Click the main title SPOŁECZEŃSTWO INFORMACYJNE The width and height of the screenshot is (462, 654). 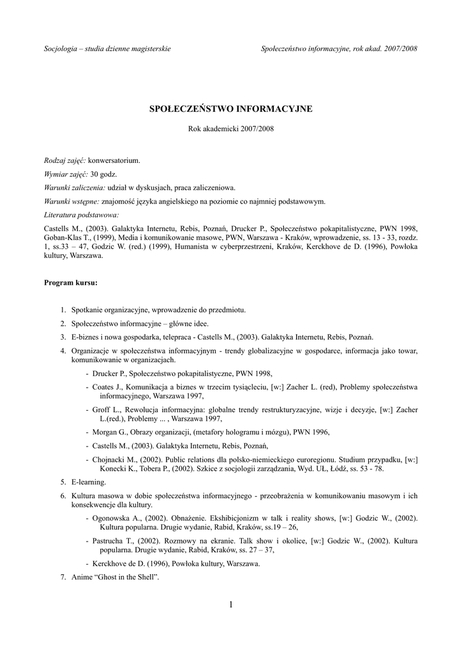tap(230, 109)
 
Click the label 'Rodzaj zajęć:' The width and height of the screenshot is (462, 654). tap(64, 160)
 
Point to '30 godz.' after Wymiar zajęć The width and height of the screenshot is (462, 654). tap(104, 174)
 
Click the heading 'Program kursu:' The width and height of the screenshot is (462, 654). tap(70, 282)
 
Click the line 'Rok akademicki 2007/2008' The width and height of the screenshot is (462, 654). tap(230, 128)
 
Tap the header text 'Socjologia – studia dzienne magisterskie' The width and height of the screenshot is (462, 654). tap(107, 49)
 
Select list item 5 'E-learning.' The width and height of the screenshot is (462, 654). tap(89, 481)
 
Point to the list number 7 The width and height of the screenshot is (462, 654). tap(63, 577)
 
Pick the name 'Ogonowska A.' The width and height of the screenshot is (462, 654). tap(117, 518)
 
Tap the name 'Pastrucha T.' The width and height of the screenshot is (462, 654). tap(114, 540)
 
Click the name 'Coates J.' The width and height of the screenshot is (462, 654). tap(108, 387)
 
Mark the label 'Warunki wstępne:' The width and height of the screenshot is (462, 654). tap(71, 201)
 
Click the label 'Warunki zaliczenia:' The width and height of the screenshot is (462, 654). tap(75, 188)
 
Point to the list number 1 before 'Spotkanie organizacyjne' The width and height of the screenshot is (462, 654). tap(63, 310)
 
